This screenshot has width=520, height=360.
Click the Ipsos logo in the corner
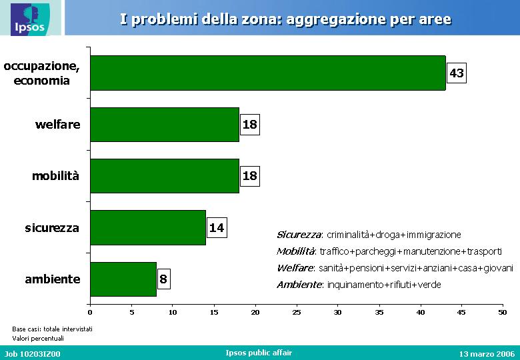pos(30,19)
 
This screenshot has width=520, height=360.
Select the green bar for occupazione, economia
pos(268,73)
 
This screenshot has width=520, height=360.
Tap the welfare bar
pos(165,125)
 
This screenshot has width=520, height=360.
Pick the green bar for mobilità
pos(165,176)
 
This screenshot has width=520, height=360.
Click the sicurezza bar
pos(148,228)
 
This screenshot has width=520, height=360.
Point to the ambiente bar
pos(123,279)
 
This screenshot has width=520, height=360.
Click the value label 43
pos(456,73)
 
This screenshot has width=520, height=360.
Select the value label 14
pos(217,228)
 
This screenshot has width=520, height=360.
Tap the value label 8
pos(163,279)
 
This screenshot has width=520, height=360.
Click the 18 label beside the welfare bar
pos(250,125)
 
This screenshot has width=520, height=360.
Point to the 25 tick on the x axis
pos(297,312)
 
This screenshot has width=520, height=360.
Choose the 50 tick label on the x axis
pos(503,312)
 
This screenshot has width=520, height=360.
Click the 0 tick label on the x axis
pos(90,312)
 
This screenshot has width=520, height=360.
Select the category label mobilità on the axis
pos(56,176)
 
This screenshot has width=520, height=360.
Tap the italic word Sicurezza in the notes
pos(299,235)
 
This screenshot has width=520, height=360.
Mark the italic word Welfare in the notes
pos(295,268)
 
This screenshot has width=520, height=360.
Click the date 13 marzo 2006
pos(487,354)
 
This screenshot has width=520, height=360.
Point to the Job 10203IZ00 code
pos(33,354)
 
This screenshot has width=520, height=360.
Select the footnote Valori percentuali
pos(38,339)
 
